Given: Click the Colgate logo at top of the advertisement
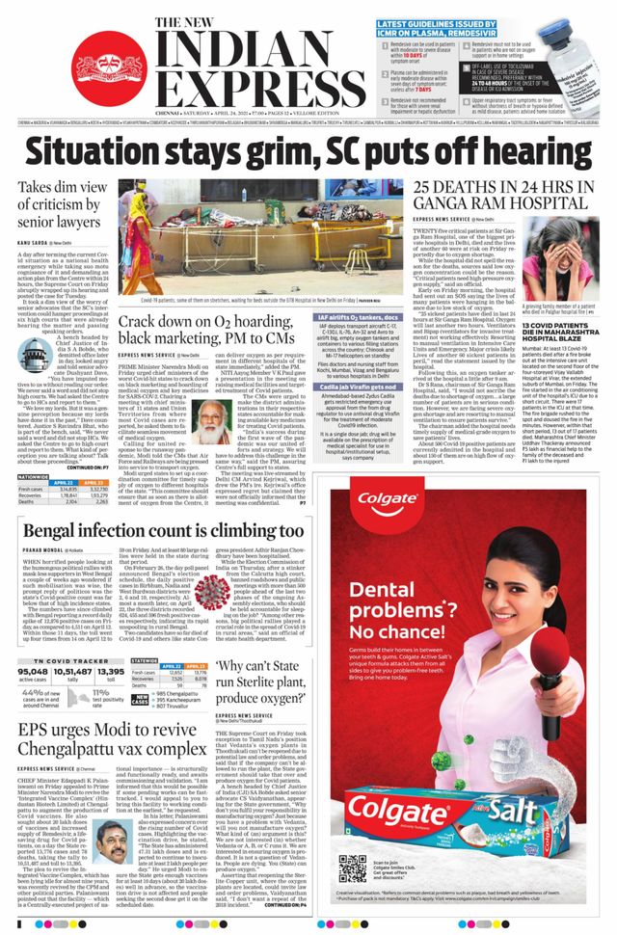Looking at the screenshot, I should [x=389, y=499].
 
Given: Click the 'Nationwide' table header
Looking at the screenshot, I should [x=34, y=448].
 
